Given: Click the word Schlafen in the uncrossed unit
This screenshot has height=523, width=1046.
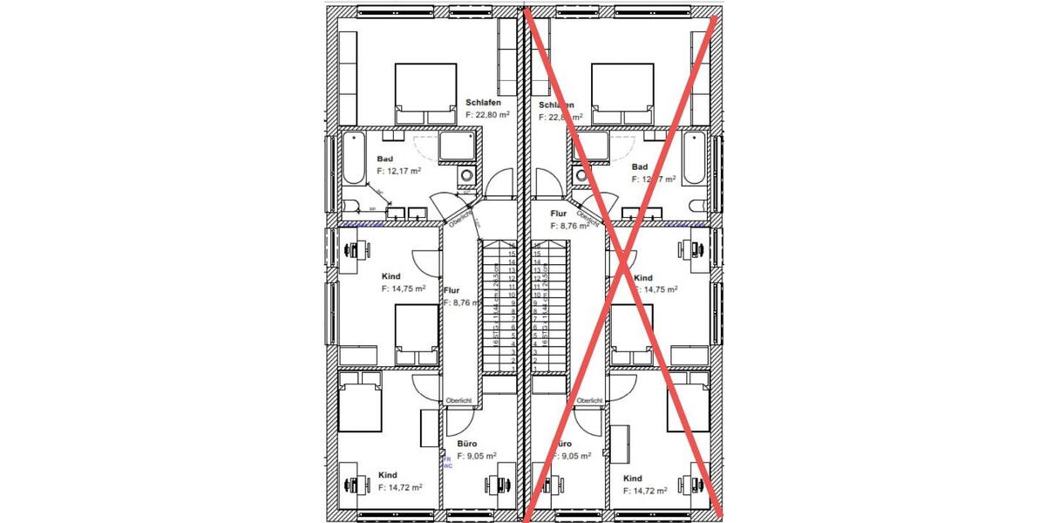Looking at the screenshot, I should (x=484, y=102).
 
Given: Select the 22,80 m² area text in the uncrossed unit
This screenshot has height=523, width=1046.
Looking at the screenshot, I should (x=487, y=114).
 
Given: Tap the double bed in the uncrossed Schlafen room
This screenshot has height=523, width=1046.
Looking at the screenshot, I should (x=425, y=92).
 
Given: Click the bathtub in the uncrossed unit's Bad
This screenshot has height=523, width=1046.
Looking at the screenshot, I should (x=353, y=158).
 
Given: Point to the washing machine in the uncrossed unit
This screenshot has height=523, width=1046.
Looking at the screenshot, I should (x=467, y=175).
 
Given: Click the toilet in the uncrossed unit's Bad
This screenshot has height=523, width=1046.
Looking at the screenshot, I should (x=350, y=206).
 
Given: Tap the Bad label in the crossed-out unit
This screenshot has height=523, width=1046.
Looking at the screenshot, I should (x=640, y=166).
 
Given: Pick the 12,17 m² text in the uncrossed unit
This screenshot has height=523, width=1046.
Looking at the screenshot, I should (x=399, y=172).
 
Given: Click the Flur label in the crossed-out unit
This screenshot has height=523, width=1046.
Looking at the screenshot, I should (x=559, y=213).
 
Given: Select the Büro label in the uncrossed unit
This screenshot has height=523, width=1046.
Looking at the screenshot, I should (x=467, y=444).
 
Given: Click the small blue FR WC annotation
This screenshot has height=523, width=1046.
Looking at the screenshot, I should (x=447, y=462).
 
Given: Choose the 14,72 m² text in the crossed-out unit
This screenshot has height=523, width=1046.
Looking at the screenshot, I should (x=645, y=491).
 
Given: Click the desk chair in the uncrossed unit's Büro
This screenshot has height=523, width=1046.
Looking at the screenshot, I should (x=503, y=484).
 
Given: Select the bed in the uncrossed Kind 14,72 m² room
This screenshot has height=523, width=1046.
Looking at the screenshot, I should (x=360, y=402).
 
